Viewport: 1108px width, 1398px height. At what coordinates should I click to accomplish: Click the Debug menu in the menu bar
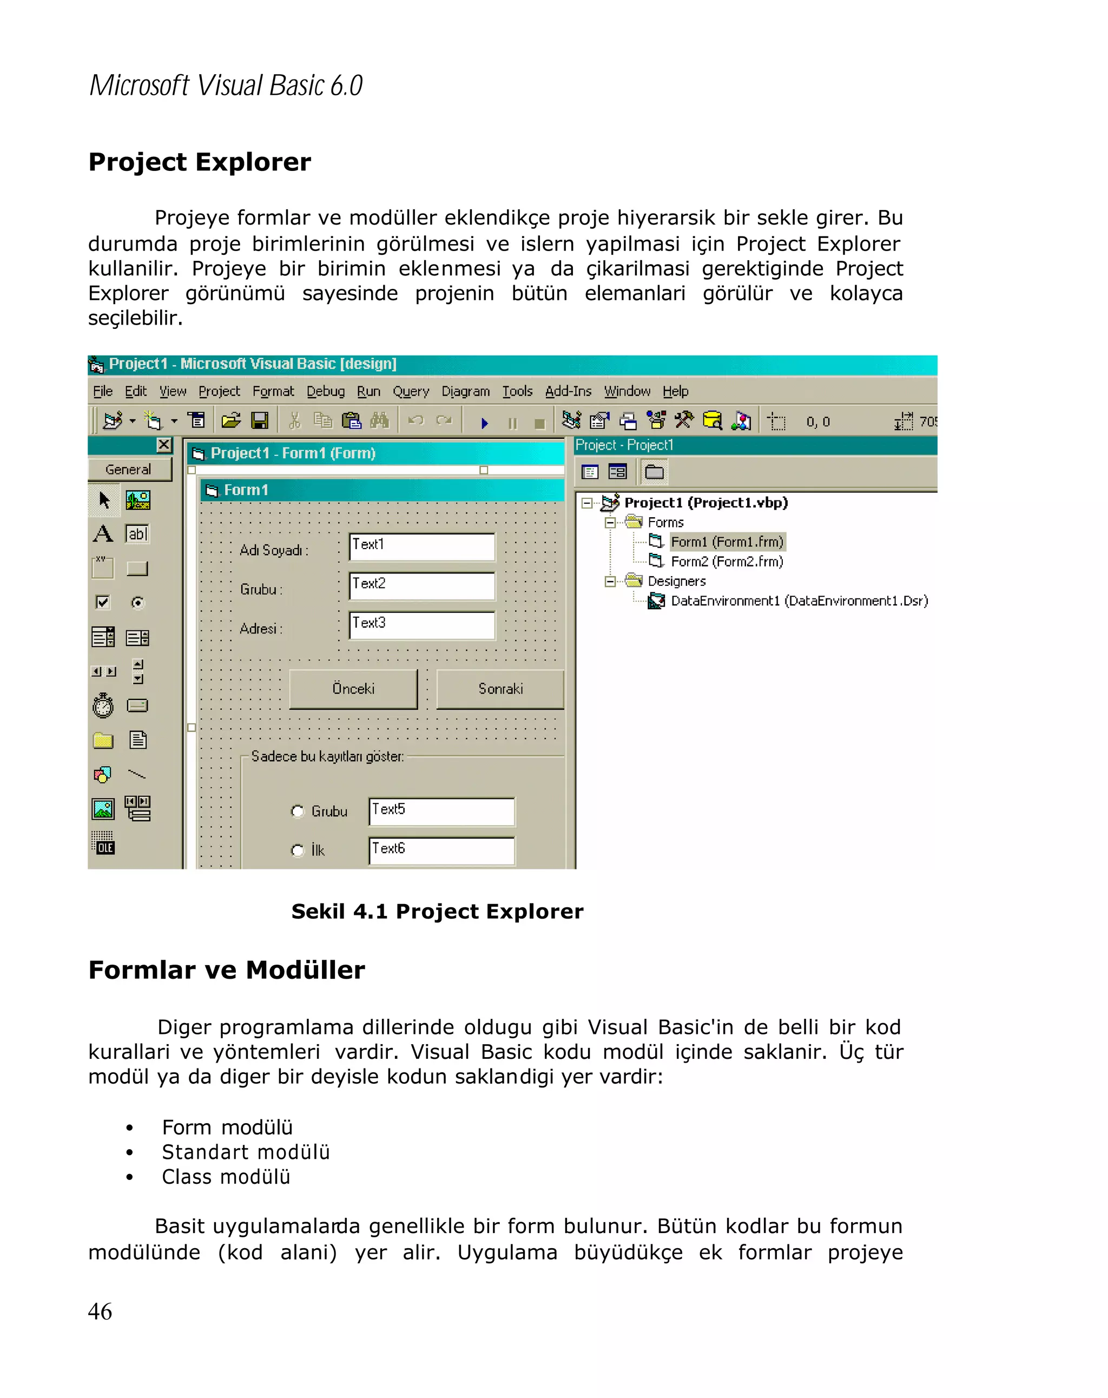pyautogui.click(x=326, y=392)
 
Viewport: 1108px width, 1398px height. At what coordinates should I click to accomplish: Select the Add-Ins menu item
pyautogui.click(x=568, y=392)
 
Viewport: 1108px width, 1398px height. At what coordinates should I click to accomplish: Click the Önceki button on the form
pyautogui.click(x=353, y=689)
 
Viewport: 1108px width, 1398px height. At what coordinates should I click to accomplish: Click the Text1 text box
pyautogui.click(x=422, y=546)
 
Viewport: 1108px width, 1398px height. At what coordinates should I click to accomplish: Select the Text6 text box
pyautogui.click(x=442, y=850)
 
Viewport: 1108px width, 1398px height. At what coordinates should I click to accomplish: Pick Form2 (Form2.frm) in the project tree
pyautogui.click(x=726, y=562)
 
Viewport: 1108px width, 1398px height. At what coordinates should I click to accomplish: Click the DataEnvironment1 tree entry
pyautogui.click(x=799, y=601)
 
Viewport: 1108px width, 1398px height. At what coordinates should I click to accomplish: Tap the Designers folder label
pyautogui.click(x=676, y=582)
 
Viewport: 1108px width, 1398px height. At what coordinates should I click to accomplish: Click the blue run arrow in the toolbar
pyautogui.click(x=484, y=424)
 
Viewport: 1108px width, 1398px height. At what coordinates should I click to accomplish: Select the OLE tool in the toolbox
pyautogui.click(x=103, y=843)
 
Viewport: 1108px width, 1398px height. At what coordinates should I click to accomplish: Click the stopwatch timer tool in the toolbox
pyautogui.click(x=103, y=706)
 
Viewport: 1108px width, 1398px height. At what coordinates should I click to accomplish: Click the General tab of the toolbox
pyautogui.click(x=128, y=470)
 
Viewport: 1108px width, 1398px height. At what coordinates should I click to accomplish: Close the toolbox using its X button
pyautogui.click(x=164, y=445)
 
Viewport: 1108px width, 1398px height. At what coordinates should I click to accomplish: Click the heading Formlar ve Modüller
pyautogui.click(x=227, y=971)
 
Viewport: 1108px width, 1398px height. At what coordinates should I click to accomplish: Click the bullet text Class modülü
pyautogui.click(x=226, y=1177)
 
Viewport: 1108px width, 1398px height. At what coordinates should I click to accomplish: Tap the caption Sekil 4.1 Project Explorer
pyautogui.click(x=437, y=912)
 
